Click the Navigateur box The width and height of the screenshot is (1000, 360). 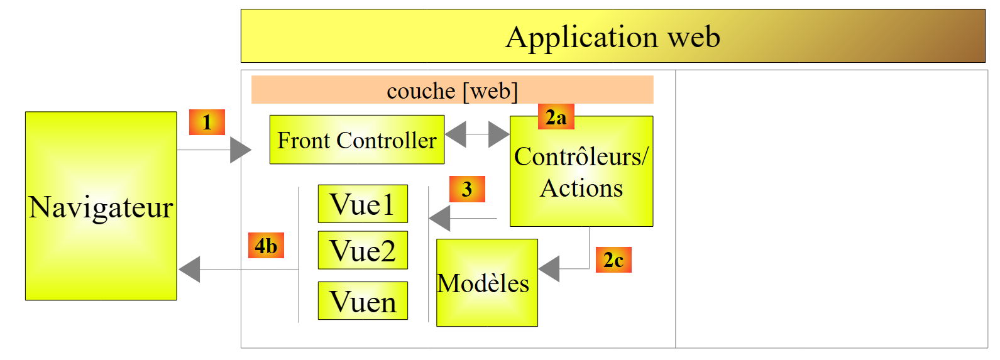click(101, 206)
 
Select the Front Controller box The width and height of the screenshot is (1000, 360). click(356, 139)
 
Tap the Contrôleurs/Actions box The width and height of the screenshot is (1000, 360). click(581, 171)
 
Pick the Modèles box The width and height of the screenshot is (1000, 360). click(486, 283)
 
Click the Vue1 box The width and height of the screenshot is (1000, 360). click(363, 204)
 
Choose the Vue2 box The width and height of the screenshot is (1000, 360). click(363, 250)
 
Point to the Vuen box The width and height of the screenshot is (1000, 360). click(363, 301)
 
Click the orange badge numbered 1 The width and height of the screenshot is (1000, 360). click(207, 122)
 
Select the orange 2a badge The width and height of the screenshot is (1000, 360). click(556, 117)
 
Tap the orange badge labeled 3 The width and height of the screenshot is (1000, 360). click(467, 189)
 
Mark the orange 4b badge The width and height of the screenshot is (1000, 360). click(266, 246)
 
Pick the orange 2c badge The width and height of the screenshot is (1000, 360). click(613, 259)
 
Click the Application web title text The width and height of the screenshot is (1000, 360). click(613, 36)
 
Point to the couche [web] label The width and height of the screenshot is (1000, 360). click(452, 90)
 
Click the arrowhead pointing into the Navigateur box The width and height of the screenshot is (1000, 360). click(190, 270)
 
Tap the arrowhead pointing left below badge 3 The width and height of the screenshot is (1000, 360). click(440, 219)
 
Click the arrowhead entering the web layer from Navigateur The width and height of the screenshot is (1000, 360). click(240, 150)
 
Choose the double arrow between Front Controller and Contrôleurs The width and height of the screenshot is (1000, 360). click(477, 134)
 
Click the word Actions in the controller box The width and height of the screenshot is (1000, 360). click(581, 188)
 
